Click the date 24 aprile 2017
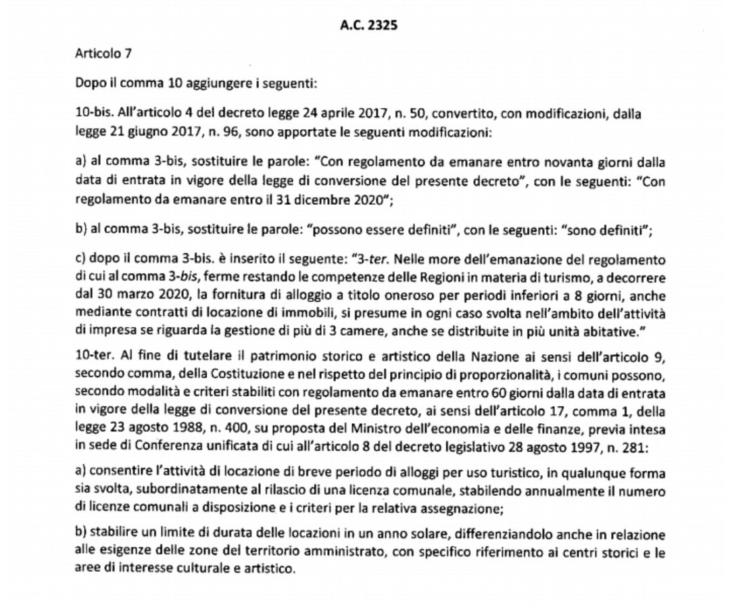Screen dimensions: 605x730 [x=312, y=116]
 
